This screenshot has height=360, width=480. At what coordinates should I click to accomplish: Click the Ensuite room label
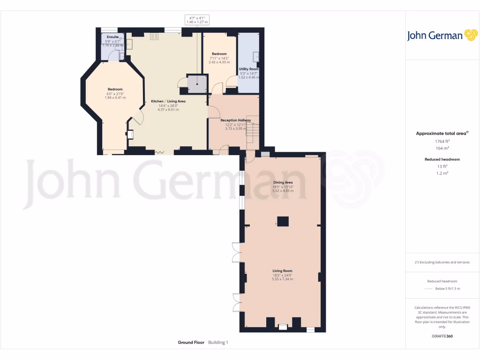pos(112,37)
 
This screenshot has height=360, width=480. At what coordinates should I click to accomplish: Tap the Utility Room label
pos(248,69)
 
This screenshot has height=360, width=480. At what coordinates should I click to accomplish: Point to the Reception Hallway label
pos(236,120)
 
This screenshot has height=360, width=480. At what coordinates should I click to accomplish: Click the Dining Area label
pos(283,182)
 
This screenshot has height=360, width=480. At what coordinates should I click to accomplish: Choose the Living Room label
pos(283,270)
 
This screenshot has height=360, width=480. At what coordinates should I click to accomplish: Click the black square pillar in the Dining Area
pos(283,222)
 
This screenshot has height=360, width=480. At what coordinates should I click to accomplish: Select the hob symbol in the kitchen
pos(154,37)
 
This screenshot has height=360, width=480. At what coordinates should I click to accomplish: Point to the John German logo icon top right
pos(470,35)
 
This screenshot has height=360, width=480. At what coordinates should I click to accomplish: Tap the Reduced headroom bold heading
pos(442,159)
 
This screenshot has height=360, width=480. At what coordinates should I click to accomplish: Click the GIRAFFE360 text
pos(442,336)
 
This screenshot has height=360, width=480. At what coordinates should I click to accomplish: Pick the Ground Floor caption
pos(191,343)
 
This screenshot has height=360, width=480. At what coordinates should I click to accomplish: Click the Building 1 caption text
pos(218,343)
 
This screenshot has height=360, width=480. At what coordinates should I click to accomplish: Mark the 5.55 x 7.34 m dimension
pos(283,279)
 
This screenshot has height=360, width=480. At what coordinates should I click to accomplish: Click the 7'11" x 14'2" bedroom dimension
pos(219,58)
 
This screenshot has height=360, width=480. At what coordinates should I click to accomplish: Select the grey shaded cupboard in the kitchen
pos(196,83)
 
